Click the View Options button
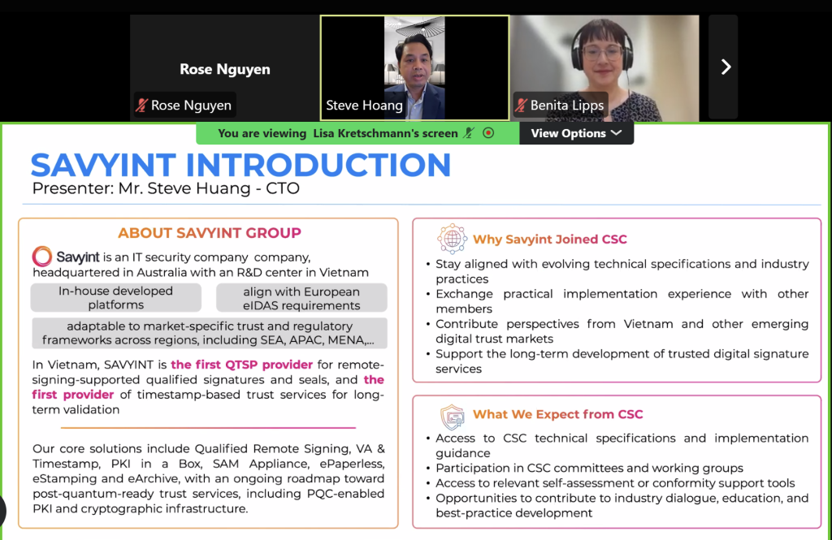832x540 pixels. [576, 133]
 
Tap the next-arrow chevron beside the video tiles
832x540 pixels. [726, 67]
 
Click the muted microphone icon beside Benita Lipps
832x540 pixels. [521, 105]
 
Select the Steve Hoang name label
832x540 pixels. [364, 105]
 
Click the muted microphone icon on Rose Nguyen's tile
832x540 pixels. [141, 105]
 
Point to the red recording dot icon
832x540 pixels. [488, 133]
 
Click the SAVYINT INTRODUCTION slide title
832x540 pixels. [240, 165]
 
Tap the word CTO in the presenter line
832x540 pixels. [283, 188]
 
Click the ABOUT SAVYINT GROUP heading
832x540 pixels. [210, 233]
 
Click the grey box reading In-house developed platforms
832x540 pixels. [115, 297]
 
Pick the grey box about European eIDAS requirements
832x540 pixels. [301, 298]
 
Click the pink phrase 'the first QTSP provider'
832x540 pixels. [241, 365]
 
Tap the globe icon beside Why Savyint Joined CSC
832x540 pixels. [452, 239]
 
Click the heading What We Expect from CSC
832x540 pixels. [557, 414]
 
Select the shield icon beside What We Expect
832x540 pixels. [452, 417]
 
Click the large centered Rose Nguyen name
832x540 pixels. [225, 70]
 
